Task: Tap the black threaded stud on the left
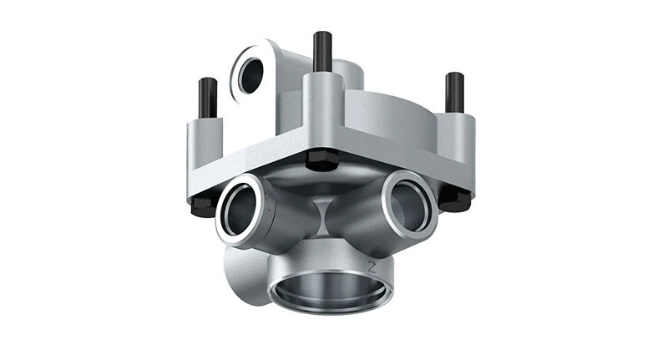tap(208, 98)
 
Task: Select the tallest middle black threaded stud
tap(322, 52)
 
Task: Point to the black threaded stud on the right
tap(454, 92)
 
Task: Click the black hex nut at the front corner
tap(321, 160)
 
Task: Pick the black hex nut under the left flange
tap(203, 205)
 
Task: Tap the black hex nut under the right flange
tap(455, 198)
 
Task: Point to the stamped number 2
tap(374, 266)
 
